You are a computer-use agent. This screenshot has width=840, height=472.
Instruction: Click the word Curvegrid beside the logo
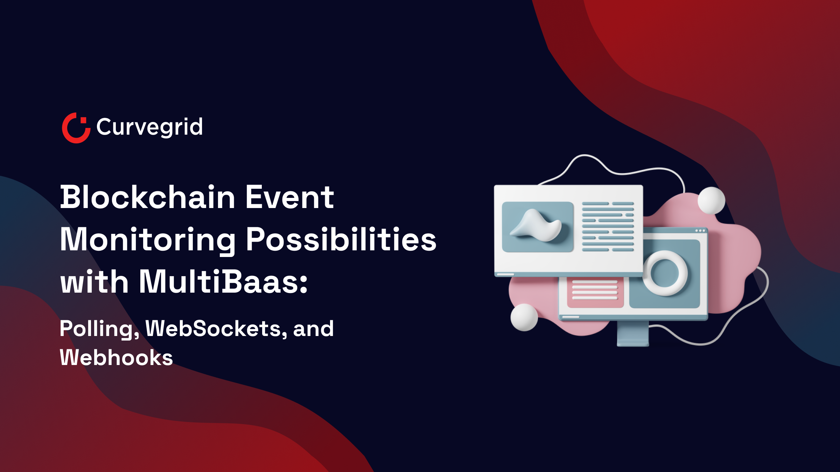(149, 127)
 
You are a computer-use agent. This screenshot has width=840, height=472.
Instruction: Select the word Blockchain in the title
(147, 198)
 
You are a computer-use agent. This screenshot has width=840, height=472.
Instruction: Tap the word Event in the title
(289, 198)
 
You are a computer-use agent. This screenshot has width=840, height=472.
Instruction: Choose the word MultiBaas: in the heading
(223, 282)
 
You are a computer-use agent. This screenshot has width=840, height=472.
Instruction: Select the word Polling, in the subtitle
(99, 329)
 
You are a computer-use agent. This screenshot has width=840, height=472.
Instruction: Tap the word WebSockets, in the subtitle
(216, 329)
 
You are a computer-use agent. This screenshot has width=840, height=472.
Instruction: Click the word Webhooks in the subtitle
(116, 358)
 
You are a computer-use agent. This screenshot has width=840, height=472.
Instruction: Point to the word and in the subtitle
(313, 329)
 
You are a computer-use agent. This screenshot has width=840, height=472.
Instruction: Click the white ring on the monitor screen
(665, 273)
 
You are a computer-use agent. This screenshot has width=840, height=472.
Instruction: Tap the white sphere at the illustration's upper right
(711, 200)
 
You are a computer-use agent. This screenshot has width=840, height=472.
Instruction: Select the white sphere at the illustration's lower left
(524, 317)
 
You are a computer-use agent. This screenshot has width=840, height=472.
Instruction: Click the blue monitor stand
(633, 334)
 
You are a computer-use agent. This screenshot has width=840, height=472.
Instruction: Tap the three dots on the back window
(700, 231)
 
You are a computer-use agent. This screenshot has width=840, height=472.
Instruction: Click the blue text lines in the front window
(608, 227)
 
